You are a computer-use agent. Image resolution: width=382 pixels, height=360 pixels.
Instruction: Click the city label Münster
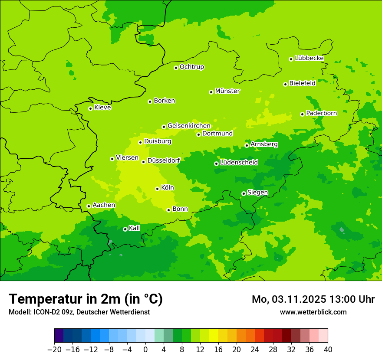[227, 91]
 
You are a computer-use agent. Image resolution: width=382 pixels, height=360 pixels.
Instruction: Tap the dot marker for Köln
[157, 189]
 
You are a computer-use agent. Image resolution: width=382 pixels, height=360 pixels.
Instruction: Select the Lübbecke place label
[309, 58]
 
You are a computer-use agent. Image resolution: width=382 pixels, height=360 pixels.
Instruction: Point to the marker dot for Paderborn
[302, 114]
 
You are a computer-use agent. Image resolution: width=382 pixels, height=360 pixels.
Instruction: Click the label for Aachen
[104, 205]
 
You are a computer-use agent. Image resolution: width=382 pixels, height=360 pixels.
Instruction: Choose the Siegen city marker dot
[244, 193]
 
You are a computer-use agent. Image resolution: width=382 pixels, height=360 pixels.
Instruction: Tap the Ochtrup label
[192, 67]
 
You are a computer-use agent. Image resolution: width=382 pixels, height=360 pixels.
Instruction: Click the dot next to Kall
[125, 229]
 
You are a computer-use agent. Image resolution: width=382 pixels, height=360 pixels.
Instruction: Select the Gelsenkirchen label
[189, 126]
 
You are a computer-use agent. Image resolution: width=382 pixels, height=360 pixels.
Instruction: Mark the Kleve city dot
[90, 108]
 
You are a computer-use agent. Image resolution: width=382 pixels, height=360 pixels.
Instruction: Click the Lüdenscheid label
[239, 163]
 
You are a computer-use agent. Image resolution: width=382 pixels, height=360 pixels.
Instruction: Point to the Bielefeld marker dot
[285, 84]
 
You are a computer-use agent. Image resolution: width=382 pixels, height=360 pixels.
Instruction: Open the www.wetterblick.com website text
[313, 312]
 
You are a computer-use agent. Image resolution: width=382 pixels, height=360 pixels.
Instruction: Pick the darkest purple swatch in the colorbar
[59, 336]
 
